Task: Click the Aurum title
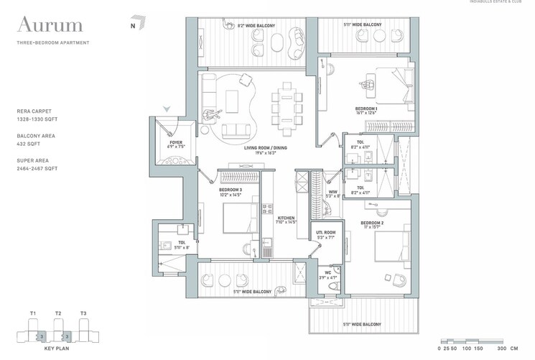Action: tap(50, 27)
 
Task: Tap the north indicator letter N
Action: tap(133, 27)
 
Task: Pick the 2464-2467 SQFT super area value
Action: tap(37, 168)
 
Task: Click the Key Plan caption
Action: tap(56, 348)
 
